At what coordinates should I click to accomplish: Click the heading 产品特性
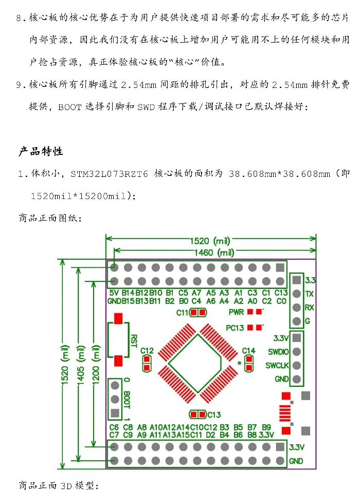(x=41, y=151)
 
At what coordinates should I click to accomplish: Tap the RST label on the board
(x=134, y=340)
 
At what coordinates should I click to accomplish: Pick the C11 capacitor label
(x=182, y=312)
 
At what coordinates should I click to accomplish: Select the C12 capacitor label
(x=147, y=351)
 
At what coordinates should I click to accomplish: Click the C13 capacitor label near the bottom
(x=214, y=415)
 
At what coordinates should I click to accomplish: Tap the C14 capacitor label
(x=249, y=351)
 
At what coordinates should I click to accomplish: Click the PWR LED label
(x=236, y=312)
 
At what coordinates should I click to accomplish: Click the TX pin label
(x=309, y=294)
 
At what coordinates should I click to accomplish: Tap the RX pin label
(x=309, y=308)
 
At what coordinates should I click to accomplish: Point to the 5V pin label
(x=114, y=293)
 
